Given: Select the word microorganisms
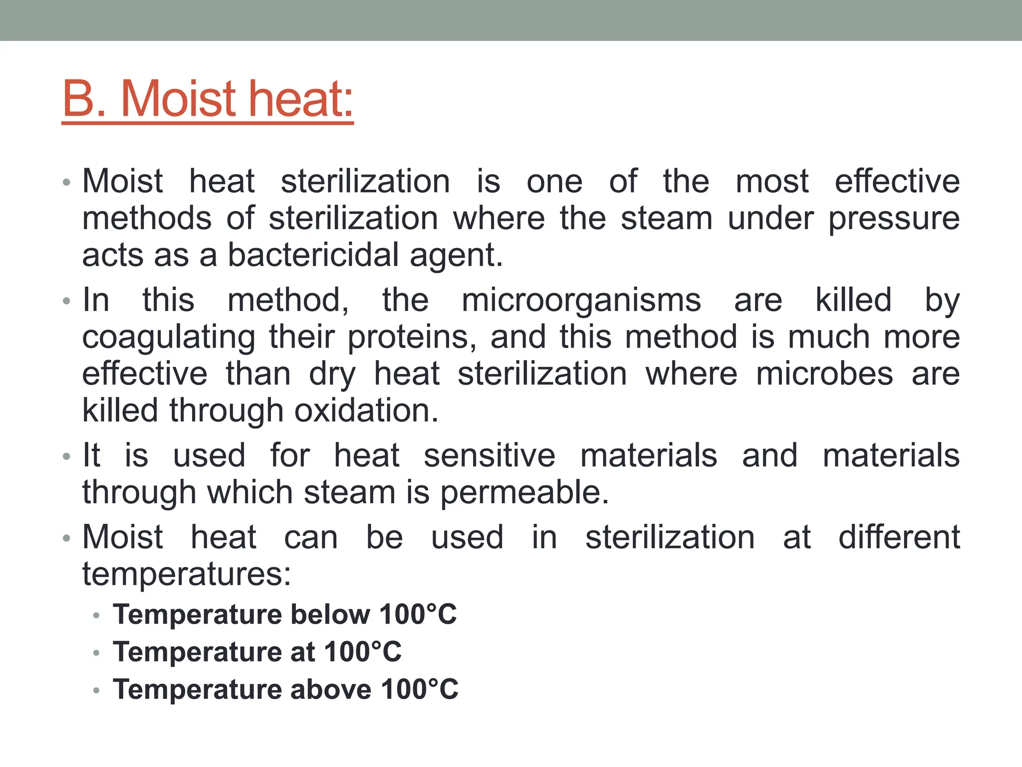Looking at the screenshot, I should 581,300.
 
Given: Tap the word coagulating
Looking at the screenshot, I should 169,338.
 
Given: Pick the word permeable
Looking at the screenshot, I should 524,493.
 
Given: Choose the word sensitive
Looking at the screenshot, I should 490,455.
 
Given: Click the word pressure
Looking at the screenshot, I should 894,219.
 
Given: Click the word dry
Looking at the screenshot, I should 332,375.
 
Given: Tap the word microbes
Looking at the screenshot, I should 824,374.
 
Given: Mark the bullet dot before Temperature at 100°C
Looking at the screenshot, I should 96,653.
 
